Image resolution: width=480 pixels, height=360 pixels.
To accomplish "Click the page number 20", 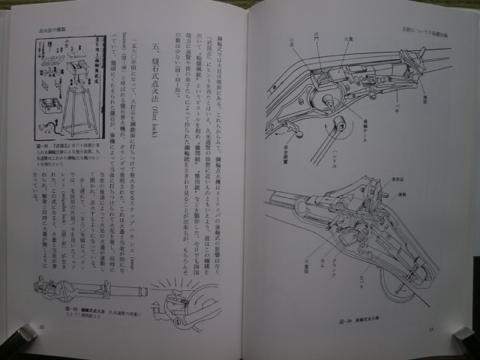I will coord(43,327).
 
